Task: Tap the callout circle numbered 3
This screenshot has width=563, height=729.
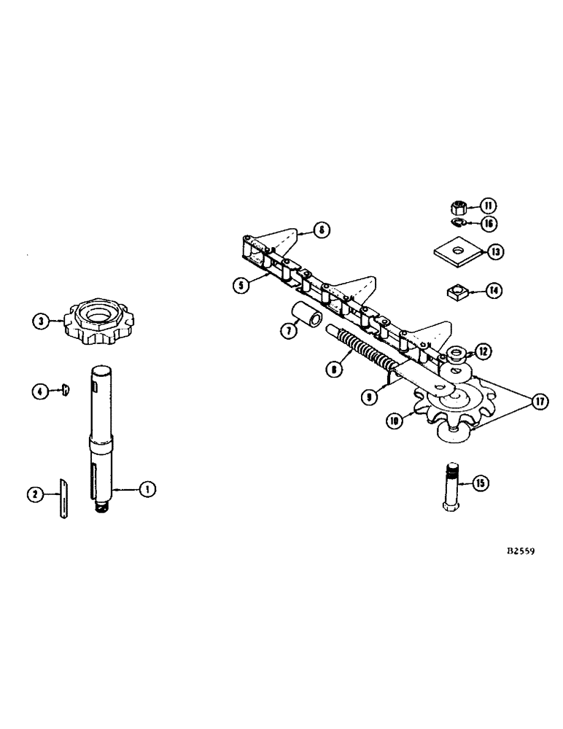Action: (41, 321)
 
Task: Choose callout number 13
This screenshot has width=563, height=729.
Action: (495, 252)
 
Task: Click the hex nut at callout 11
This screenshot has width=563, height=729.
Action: (460, 206)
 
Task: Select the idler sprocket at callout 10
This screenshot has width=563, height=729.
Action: (446, 408)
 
